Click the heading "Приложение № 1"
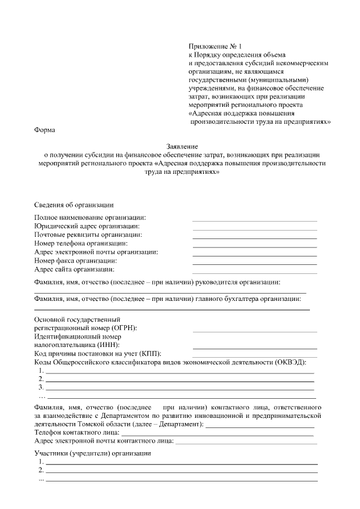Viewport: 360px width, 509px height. point(214,47)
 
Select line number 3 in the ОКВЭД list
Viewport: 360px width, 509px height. point(179,389)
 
